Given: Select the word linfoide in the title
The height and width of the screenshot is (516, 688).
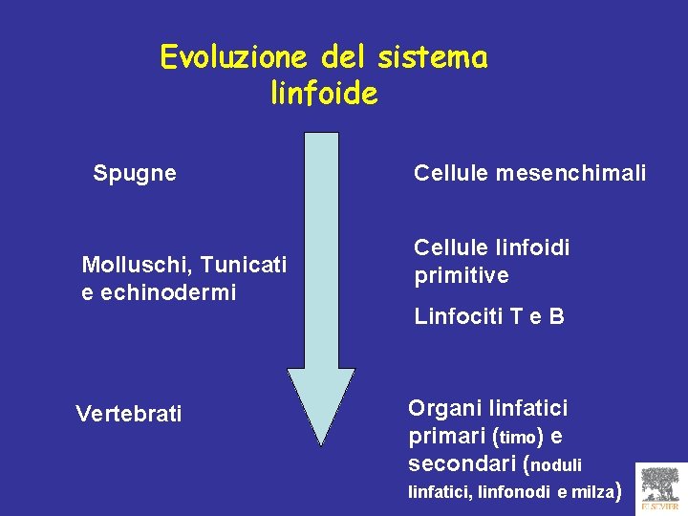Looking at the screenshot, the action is click(324, 94).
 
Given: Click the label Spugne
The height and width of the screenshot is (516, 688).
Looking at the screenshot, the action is click(135, 174).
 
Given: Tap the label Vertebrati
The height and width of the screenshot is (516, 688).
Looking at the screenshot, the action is click(129, 414).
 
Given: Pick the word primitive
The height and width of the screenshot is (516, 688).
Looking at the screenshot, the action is click(462, 276).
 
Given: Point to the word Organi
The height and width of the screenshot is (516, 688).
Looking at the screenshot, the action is click(445, 408).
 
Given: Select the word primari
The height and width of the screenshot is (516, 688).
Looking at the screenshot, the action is click(446, 437).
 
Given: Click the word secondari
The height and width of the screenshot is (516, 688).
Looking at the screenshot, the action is click(462, 465).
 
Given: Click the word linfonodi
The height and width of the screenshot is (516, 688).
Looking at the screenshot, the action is click(515, 493).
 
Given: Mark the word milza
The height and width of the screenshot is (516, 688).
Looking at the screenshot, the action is click(595, 493).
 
